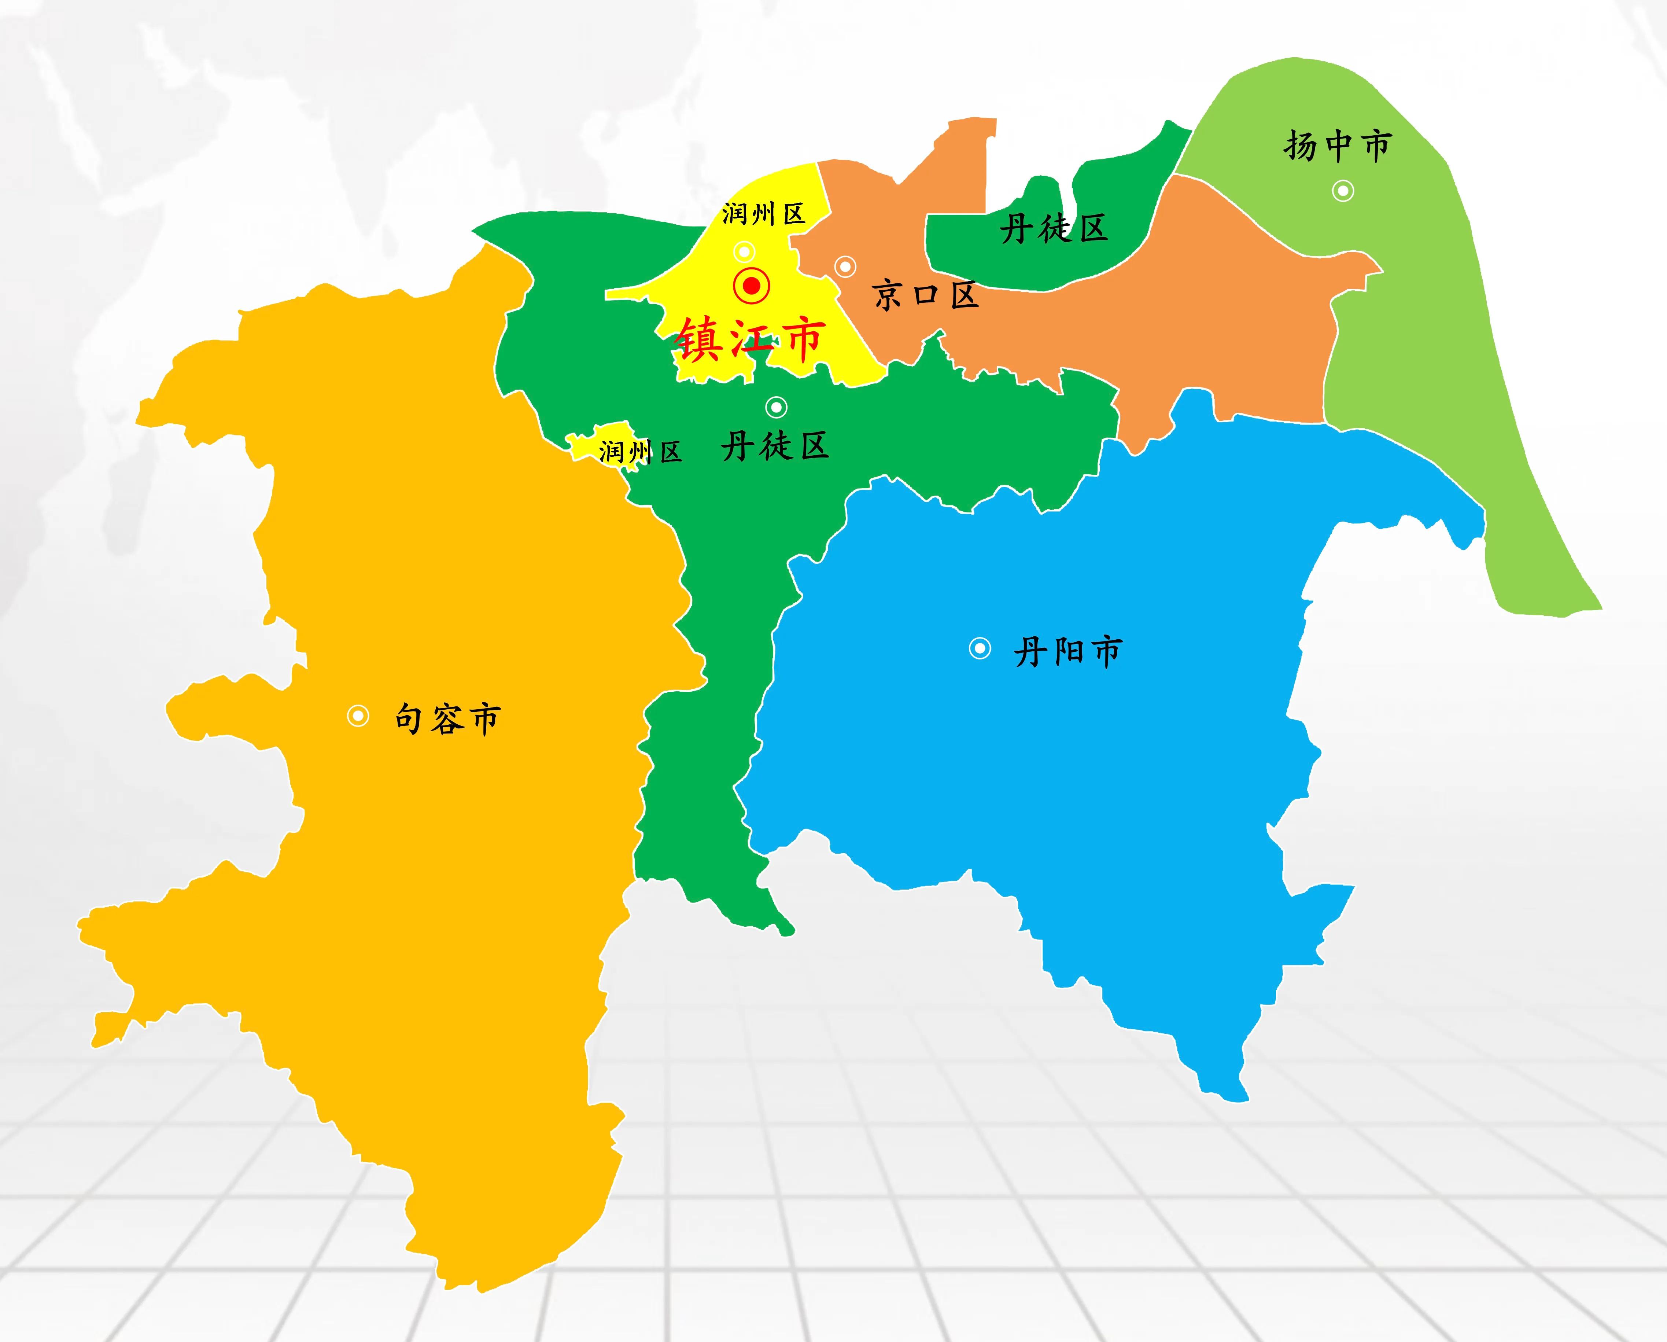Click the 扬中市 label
tap(1338, 146)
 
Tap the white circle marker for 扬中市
tap(1343, 190)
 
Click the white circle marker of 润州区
tap(745, 251)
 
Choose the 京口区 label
tap(926, 295)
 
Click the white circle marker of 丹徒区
tap(775, 407)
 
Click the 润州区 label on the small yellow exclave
tap(640, 451)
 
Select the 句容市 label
tap(448, 719)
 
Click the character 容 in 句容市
tap(448, 719)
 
